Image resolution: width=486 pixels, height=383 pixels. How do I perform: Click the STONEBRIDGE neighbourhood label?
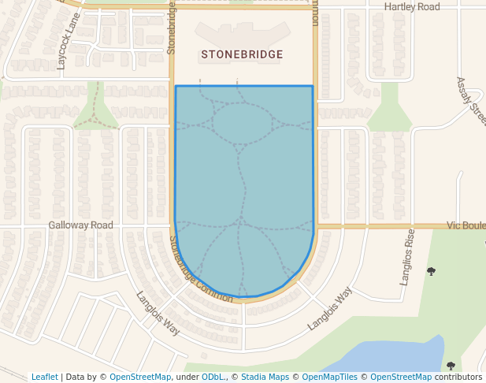point(242,55)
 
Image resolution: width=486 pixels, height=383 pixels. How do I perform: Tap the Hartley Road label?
point(411,7)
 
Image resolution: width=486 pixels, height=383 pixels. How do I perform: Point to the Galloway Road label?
point(80,225)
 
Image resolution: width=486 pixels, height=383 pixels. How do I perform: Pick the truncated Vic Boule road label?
point(466,225)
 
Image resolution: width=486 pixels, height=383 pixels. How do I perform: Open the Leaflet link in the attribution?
point(45,377)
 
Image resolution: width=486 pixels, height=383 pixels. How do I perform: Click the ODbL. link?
point(214,377)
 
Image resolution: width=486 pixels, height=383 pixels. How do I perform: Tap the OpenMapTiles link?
point(330,377)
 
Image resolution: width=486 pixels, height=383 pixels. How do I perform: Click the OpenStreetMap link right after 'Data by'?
point(140,377)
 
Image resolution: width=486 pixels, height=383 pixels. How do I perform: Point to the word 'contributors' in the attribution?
point(458,377)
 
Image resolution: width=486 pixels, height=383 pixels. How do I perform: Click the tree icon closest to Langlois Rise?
point(431,272)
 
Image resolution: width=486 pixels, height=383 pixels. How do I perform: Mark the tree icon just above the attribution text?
point(451,365)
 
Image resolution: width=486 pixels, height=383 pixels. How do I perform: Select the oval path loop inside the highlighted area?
point(242,123)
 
